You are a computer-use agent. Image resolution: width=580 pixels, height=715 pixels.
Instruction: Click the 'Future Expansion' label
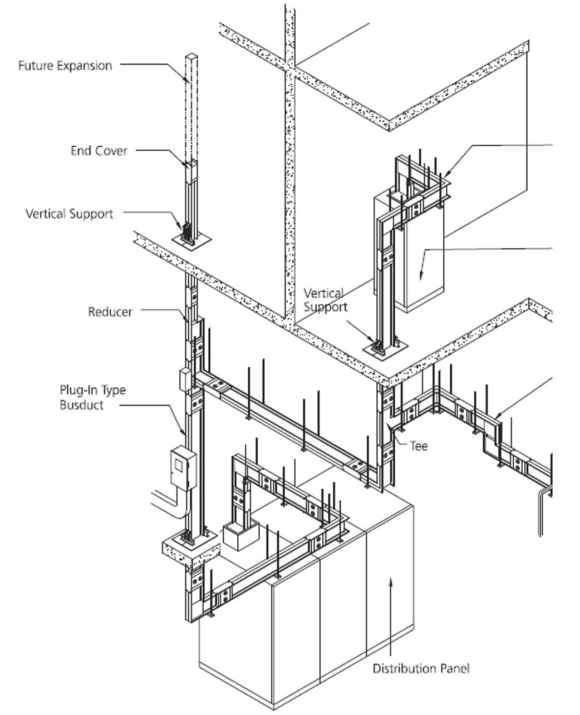(x=65, y=66)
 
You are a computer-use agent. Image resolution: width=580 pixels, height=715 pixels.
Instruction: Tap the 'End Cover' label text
(x=99, y=151)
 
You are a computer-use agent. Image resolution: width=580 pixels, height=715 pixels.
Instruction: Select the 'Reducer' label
(x=110, y=312)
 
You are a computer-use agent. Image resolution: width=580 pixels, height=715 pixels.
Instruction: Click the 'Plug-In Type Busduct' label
(x=92, y=397)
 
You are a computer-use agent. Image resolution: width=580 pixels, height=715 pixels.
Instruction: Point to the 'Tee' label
(x=418, y=446)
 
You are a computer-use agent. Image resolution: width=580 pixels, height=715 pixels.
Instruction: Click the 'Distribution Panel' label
(x=421, y=668)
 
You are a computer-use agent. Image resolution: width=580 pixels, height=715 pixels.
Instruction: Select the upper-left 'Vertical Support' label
(x=69, y=214)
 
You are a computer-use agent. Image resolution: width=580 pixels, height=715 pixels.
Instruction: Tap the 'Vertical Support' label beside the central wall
(x=325, y=300)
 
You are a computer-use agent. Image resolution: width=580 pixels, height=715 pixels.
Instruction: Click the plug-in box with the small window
(x=183, y=468)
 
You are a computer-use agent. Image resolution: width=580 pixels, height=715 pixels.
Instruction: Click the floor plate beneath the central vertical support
(x=385, y=349)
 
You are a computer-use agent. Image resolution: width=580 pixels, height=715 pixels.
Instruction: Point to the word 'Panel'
(x=454, y=668)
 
